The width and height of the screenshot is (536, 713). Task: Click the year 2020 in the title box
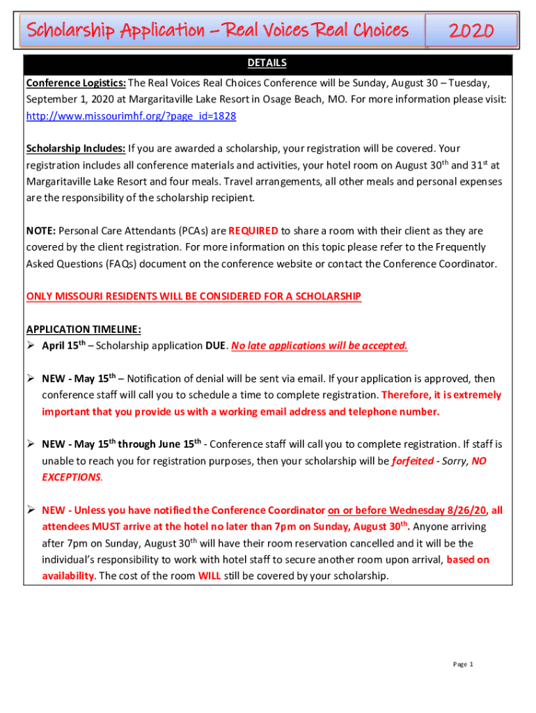pos(471,31)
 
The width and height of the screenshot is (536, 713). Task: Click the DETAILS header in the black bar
pos(267,63)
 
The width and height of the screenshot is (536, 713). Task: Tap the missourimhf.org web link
pos(131,116)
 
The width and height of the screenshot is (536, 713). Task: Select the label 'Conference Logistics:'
pos(76,84)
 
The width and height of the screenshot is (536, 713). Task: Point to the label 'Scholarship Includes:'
pos(76,148)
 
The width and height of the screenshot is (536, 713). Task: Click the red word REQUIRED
pos(253,230)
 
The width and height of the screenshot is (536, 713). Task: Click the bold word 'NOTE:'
pos(41,230)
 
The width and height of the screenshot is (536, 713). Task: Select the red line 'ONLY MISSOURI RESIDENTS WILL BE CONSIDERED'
pos(194,297)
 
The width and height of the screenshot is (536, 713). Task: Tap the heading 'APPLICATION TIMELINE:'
pos(84,329)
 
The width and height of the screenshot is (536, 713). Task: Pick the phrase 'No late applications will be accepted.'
pos(320,346)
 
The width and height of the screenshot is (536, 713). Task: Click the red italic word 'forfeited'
pos(413,461)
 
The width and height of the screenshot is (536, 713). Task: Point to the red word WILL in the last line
pos(210,576)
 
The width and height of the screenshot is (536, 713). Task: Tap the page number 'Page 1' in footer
pos(463,664)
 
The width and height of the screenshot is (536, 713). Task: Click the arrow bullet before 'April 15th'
pos(31,346)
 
